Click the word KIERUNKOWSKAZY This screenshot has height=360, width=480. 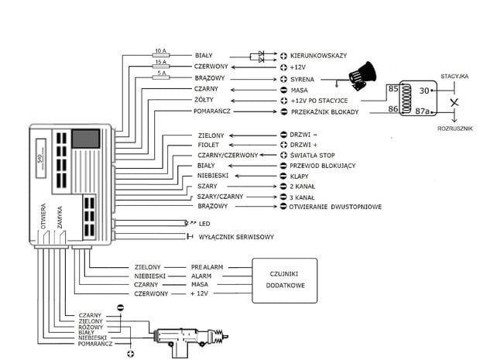319,57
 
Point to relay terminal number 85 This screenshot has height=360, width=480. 393,91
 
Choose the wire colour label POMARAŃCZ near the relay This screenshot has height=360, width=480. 213,112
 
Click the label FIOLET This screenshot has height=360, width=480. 209,145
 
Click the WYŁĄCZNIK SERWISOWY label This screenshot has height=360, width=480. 236,235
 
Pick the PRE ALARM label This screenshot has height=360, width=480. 207,266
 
